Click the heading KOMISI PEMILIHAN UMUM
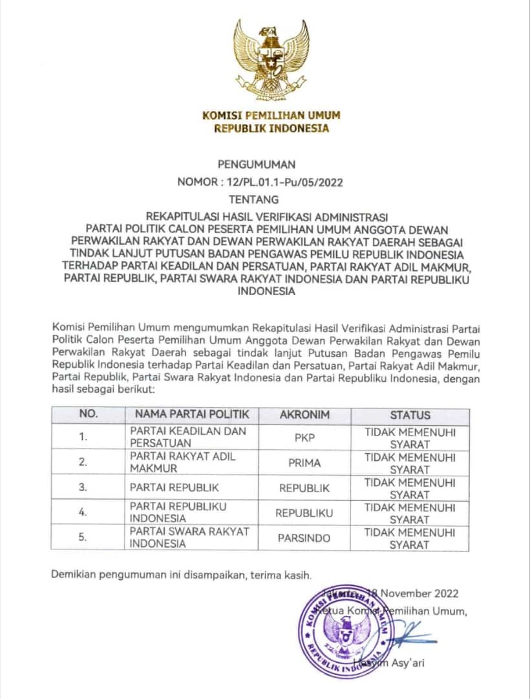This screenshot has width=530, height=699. (271, 116)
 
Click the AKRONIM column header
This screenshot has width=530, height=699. (304, 414)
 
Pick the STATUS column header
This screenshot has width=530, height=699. (410, 414)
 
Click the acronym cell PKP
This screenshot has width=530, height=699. (304, 437)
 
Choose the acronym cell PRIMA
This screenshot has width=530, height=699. (304, 463)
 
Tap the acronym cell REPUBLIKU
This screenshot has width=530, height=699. (304, 513)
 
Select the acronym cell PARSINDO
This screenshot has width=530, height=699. (304, 538)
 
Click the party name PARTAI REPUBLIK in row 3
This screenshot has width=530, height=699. (174, 488)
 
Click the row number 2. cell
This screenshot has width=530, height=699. (83, 463)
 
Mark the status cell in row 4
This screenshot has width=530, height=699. (410, 513)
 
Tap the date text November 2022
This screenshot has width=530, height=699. (419, 594)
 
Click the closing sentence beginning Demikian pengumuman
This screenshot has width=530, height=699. (182, 574)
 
